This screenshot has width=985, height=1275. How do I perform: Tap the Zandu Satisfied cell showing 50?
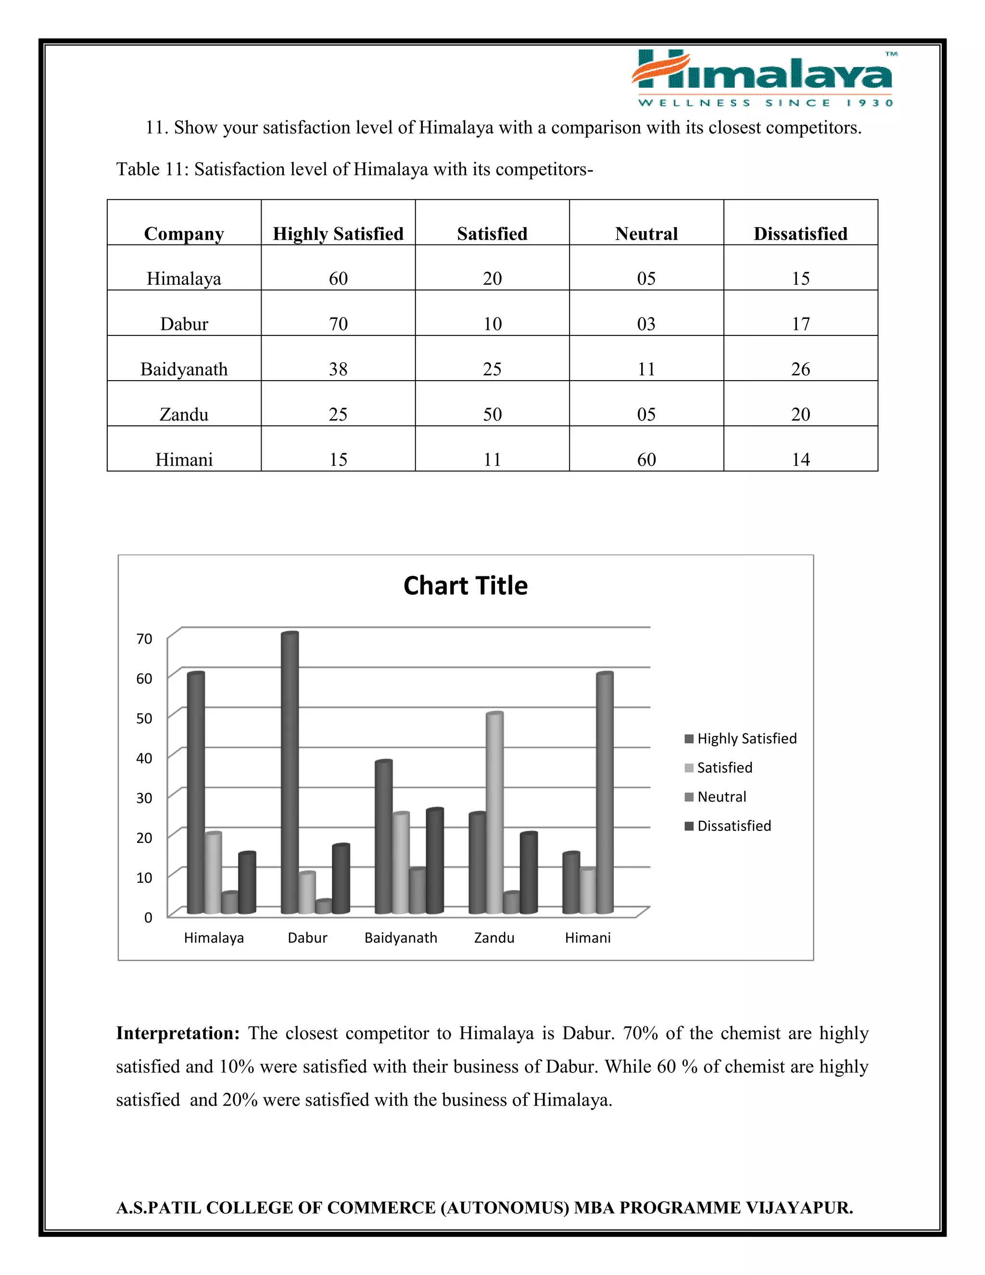pyautogui.click(x=492, y=414)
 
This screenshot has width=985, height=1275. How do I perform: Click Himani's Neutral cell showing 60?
pyautogui.click(x=646, y=459)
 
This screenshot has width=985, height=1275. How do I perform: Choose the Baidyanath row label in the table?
pyautogui.click(x=184, y=369)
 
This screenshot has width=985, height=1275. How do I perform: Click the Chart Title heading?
pyautogui.click(x=465, y=586)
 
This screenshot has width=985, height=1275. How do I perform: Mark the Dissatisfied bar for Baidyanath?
pyautogui.click(x=435, y=861)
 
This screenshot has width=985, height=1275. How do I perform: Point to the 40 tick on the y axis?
pyautogui.click(x=144, y=758)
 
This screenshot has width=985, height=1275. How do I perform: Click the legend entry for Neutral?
pyautogui.click(x=721, y=797)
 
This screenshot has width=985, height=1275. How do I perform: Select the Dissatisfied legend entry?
pyautogui.click(x=733, y=826)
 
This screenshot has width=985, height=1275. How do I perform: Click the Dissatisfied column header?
pyautogui.click(x=800, y=233)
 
